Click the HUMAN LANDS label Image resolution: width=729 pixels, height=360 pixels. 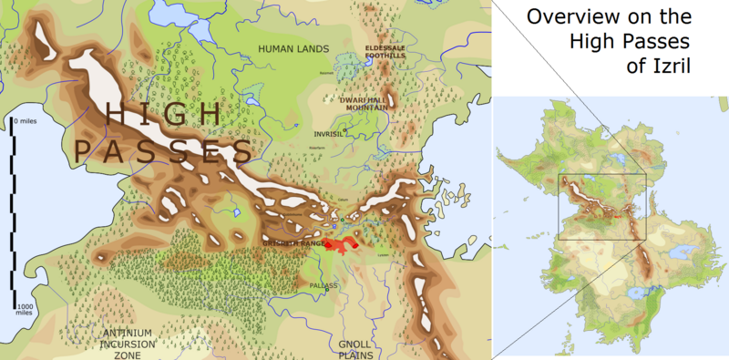[x=286, y=48]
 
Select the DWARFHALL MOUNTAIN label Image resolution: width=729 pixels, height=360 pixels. [x=364, y=103]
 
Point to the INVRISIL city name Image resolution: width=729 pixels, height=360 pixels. [x=330, y=133]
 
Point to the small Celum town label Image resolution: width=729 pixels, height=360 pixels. [x=342, y=201]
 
